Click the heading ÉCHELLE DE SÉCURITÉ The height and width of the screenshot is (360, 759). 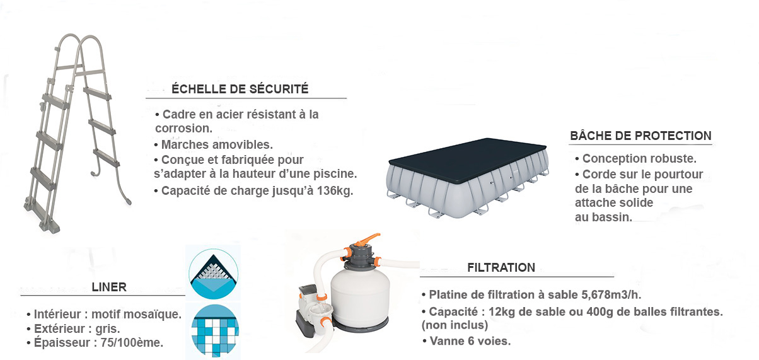(240, 89)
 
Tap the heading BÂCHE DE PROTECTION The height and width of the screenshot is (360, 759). (640, 136)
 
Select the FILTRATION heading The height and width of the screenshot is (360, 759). (501, 267)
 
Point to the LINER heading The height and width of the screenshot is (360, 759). (109, 287)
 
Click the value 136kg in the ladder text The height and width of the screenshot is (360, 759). (335, 191)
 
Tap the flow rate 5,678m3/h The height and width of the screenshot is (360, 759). (611, 295)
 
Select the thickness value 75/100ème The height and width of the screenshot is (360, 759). (132, 343)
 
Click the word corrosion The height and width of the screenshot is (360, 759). (183, 129)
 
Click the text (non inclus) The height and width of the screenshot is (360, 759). (455, 325)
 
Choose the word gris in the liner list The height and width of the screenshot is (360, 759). (107, 329)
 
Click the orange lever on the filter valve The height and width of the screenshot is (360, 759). (368, 239)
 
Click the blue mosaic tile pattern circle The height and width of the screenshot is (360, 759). (215, 330)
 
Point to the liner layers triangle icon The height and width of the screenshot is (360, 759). (214, 274)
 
